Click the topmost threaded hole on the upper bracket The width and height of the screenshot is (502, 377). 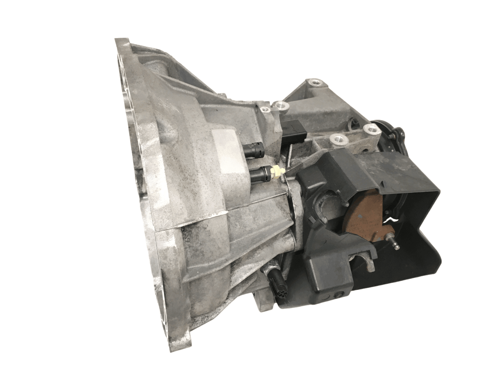(x=315, y=83)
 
